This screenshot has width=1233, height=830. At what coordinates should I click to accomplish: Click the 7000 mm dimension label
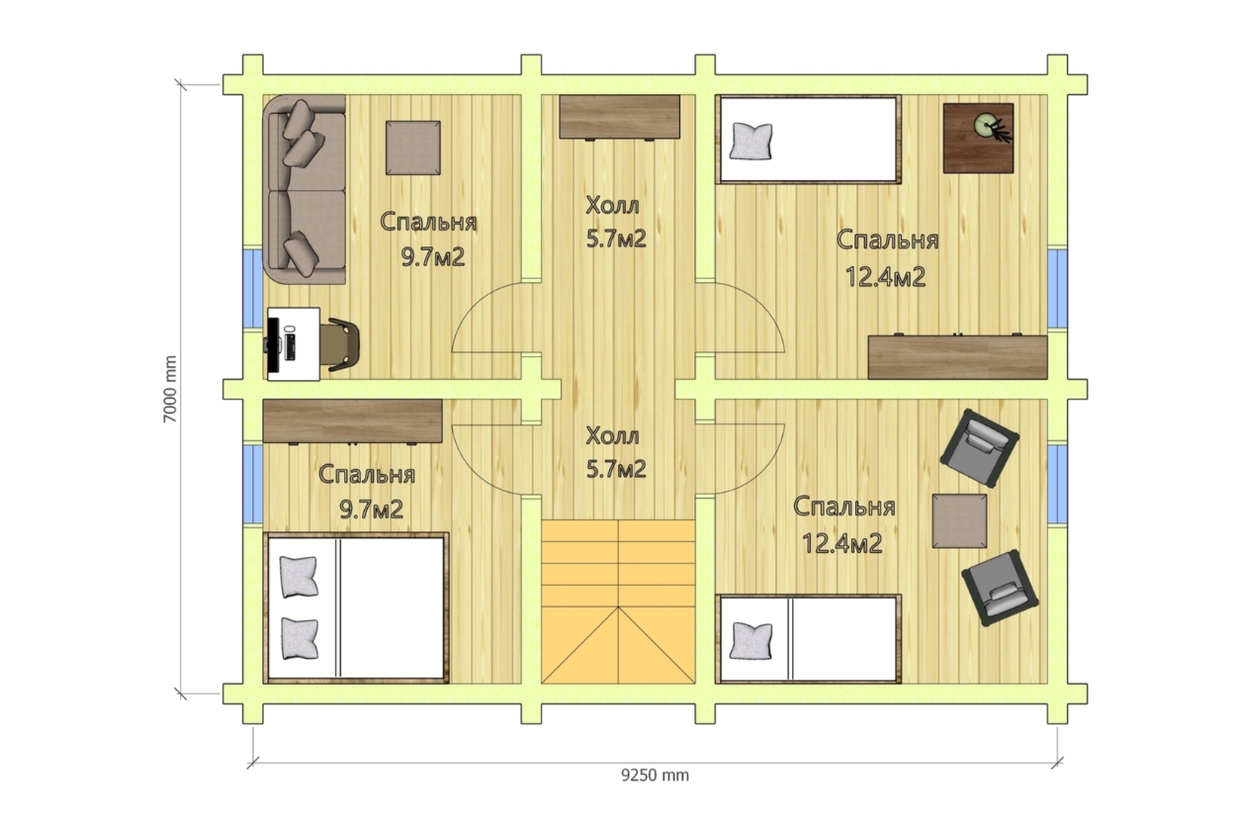click(171, 390)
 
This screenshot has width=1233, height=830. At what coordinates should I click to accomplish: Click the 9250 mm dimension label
click(655, 776)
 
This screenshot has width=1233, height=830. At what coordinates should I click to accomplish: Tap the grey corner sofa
click(305, 189)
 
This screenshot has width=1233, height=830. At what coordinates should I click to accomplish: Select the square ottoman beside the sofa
click(413, 148)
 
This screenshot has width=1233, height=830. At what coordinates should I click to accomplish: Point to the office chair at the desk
click(342, 343)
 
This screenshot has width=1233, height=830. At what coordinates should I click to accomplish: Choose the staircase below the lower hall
click(618, 602)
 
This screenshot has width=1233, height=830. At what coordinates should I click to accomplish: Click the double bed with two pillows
click(356, 608)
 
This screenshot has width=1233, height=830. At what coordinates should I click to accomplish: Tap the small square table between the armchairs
click(959, 521)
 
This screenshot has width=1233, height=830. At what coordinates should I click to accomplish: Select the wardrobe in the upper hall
click(620, 118)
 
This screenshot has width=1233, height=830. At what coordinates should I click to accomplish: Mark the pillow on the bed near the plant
click(750, 141)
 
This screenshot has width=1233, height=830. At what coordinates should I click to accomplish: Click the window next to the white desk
click(253, 288)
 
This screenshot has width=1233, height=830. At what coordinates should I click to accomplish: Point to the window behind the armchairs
click(1057, 484)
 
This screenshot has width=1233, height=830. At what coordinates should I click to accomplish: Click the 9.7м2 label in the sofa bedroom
click(433, 257)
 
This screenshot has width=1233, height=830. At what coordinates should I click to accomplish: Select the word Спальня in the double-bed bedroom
click(367, 475)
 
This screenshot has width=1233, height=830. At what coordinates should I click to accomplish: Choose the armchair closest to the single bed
click(1000, 589)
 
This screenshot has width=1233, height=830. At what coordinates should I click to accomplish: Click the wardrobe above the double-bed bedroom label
click(353, 421)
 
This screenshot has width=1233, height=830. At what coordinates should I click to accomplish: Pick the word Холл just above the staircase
click(612, 436)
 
